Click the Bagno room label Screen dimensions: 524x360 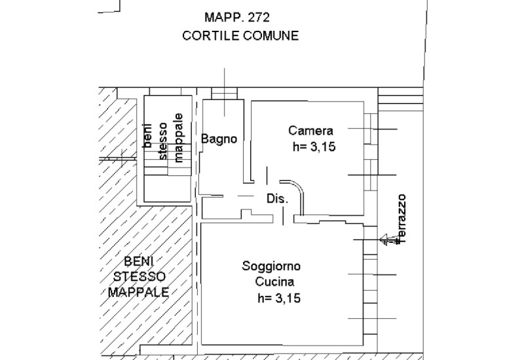[x=219, y=139]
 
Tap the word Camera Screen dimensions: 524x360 [x=310, y=130]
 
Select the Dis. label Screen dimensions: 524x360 [x=277, y=199]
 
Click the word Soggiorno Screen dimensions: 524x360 [x=271, y=266]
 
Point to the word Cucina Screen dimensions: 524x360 [x=274, y=281]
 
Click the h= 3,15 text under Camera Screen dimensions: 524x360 [x=314, y=147]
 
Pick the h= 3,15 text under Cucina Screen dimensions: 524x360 [x=279, y=298]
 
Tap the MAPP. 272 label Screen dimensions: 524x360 [x=237, y=18]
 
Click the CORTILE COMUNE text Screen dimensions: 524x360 [x=240, y=35]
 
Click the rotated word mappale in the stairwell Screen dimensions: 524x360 [x=179, y=137]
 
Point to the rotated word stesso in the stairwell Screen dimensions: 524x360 [x=162, y=141]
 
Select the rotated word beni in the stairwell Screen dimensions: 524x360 [x=147, y=135]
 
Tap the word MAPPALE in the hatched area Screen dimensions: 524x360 [x=138, y=292]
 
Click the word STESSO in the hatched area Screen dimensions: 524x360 [x=140, y=276]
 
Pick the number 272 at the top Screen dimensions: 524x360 [x=258, y=18]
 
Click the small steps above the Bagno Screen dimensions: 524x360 [x=224, y=94]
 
